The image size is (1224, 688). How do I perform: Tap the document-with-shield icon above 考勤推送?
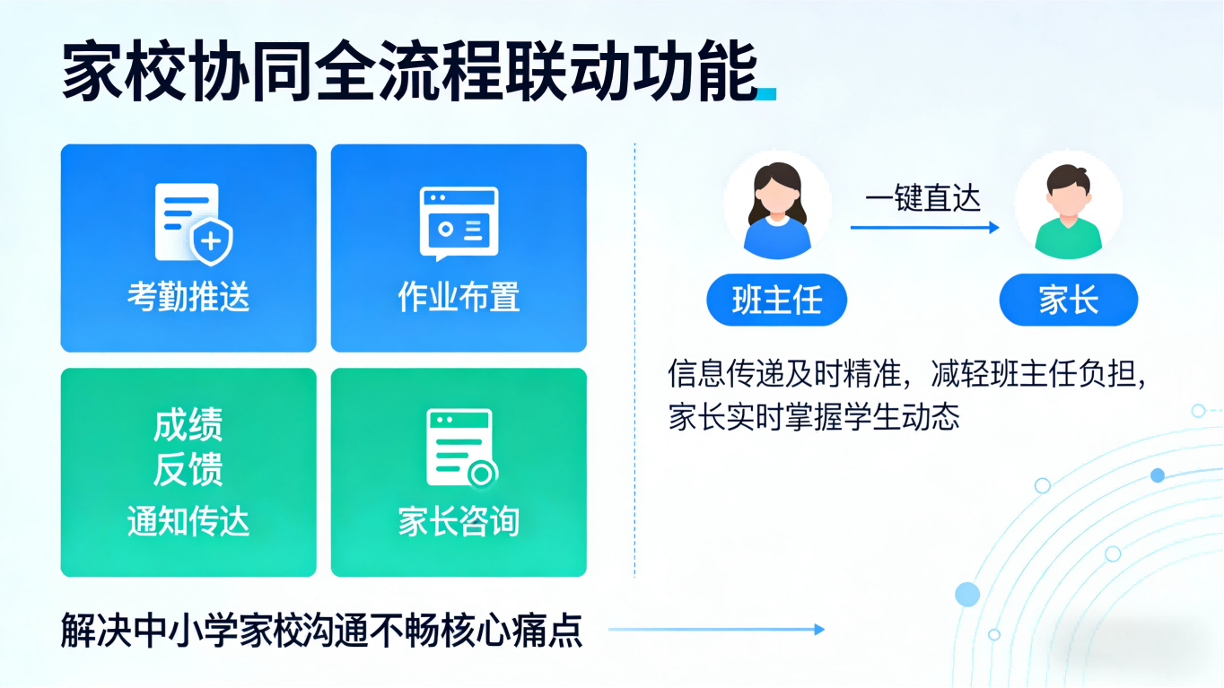[x=193, y=222]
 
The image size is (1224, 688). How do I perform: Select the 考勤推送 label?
[x=188, y=296]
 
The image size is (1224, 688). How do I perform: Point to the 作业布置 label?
[x=459, y=296]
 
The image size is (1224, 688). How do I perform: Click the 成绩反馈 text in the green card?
[x=188, y=447]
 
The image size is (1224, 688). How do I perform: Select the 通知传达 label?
[x=188, y=521]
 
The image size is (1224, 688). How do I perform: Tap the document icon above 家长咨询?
[x=460, y=448]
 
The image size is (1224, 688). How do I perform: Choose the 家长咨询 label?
[x=459, y=521]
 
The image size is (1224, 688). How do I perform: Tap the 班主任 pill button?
[x=776, y=300]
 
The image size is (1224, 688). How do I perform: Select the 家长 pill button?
[x=1068, y=300]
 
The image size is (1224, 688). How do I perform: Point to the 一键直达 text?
[x=922, y=198]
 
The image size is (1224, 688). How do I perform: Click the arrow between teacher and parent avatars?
[x=924, y=228]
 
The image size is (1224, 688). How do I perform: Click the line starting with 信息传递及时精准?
[x=908, y=374]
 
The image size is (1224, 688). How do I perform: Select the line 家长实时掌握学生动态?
[x=814, y=417]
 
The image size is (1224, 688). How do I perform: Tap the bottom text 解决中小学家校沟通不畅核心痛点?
[x=321, y=630]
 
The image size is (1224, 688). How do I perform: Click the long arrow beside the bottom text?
[x=716, y=630]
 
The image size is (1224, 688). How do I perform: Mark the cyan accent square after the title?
[x=767, y=93]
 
